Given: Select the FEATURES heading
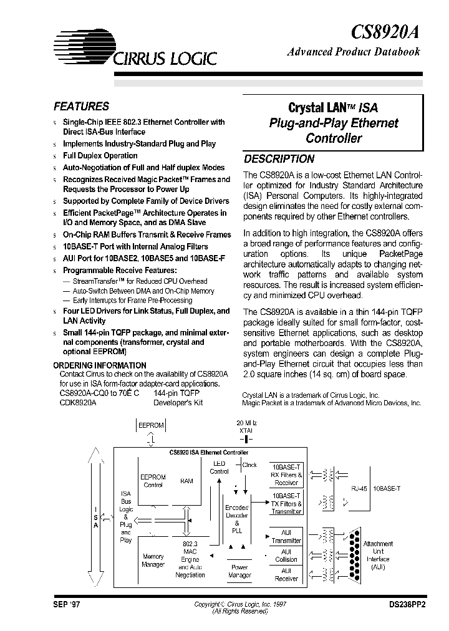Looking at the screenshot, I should (81, 107).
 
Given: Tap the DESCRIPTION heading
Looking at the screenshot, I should (279, 159).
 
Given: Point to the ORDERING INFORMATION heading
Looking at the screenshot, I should (100, 365).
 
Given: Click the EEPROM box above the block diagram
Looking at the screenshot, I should (150, 425).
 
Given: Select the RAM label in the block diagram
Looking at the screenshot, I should (186, 481).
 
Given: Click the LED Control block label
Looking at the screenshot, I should (219, 468).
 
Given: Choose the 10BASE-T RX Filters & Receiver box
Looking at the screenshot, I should (286, 474).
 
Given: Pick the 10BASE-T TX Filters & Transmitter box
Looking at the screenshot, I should (286, 503).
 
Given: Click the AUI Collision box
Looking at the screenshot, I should (286, 555).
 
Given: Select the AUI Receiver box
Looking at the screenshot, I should (286, 574).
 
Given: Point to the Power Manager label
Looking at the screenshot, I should (239, 571).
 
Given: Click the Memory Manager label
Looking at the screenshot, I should (154, 560).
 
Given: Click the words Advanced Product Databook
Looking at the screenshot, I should (353, 52).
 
